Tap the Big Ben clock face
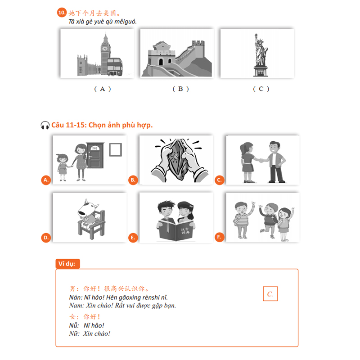tap(105, 48)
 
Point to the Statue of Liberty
tap(260, 54)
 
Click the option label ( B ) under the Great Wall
tap(180, 89)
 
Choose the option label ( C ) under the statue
tap(261, 89)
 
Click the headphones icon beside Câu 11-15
tap(45, 125)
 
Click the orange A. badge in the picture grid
tap(45, 180)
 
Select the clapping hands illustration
tap(176, 159)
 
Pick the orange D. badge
tap(45, 237)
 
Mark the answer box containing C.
tap(270, 294)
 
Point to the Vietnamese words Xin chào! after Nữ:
tap(97, 333)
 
